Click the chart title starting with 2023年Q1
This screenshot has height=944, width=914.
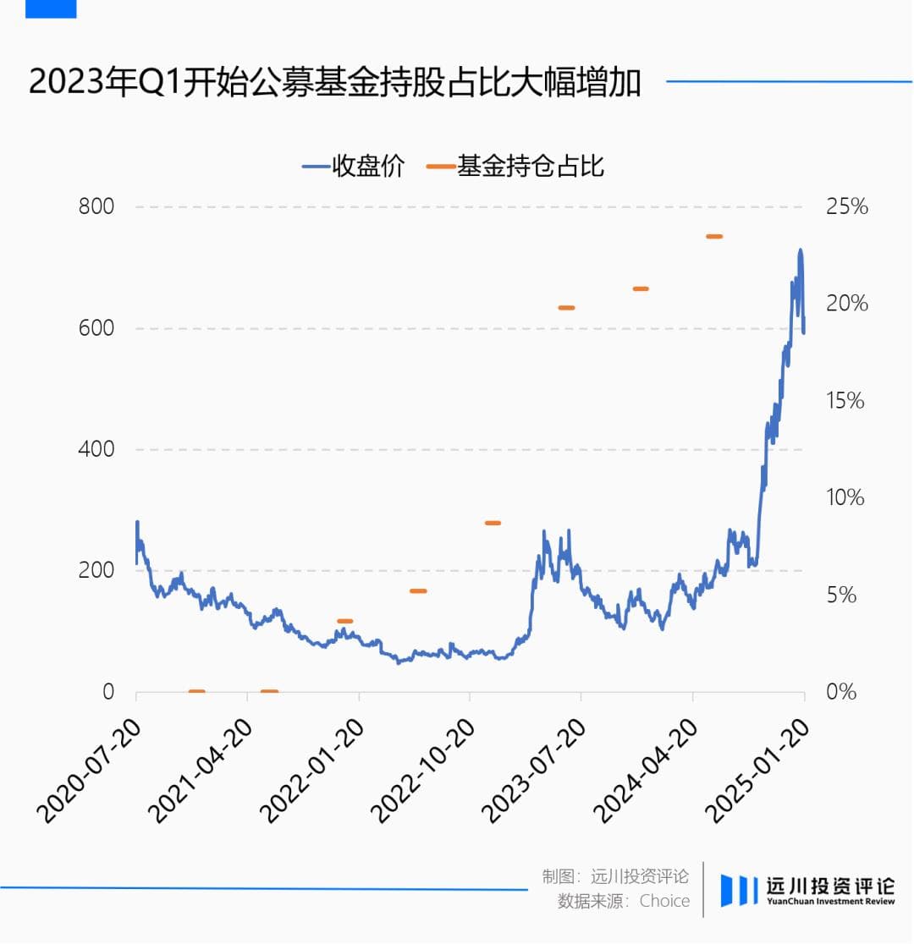point(334,84)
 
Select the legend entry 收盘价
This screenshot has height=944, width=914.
point(354,166)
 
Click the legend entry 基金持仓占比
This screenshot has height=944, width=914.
point(516,166)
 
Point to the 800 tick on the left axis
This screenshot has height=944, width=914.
point(96,206)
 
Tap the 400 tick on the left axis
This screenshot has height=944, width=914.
point(96,449)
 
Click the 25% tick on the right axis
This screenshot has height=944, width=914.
point(846,206)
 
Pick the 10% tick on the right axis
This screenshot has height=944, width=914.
point(846,497)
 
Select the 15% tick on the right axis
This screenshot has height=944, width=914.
point(846,401)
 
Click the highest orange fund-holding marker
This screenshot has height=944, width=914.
point(714,237)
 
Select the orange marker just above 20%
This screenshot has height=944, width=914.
point(641,289)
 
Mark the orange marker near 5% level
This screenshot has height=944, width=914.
point(418,590)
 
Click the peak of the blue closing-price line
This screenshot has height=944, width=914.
point(800,250)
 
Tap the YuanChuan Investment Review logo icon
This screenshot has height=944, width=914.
point(739,890)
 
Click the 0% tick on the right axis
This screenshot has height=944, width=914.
point(841,692)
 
